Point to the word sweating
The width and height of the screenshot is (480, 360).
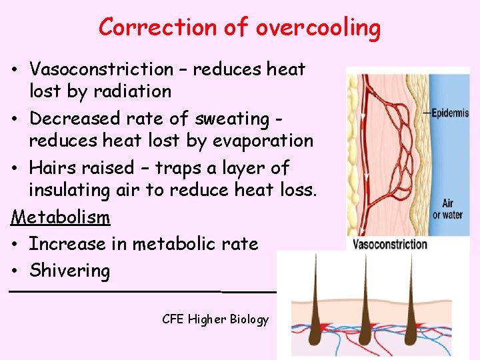[x=231, y=119]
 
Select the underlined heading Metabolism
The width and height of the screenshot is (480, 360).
[x=60, y=217]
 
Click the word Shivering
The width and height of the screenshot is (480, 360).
[x=69, y=271]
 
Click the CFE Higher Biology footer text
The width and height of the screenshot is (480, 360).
[x=215, y=319]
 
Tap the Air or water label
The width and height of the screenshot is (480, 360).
[x=447, y=209]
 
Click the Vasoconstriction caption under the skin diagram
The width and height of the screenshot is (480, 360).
[x=389, y=244]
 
